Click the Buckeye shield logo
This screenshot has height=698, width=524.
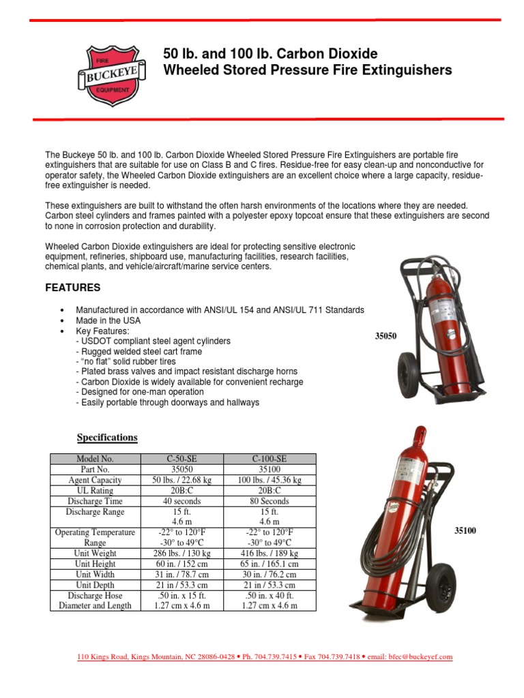point(114,75)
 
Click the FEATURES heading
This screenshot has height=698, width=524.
point(73,288)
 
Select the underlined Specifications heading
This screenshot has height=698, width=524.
point(107,438)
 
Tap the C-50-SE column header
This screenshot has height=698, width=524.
point(182,459)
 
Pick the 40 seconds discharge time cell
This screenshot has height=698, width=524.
point(182,501)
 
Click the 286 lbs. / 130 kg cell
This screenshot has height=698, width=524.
point(182,553)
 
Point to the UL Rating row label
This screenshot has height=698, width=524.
point(96,491)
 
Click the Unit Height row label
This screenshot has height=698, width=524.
point(96,564)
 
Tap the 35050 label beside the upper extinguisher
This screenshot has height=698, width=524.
point(385,335)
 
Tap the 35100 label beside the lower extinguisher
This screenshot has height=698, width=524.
point(466,530)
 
